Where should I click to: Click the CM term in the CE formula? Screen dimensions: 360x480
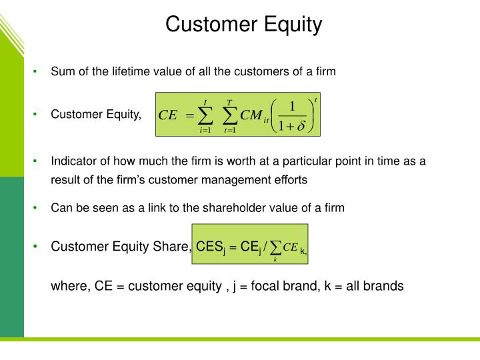tap(252, 115)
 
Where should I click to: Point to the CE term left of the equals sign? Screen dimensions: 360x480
tap(167, 115)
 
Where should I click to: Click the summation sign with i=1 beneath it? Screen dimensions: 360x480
tap(205, 115)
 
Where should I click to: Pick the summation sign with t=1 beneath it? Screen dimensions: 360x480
tap(229, 115)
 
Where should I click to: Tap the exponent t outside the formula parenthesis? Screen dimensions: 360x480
tap(315, 99)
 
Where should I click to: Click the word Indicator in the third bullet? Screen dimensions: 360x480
tap(73, 161)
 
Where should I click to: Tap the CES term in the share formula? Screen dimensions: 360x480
tap(208, 247)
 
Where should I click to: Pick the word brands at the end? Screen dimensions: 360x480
tap(383, 287)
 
